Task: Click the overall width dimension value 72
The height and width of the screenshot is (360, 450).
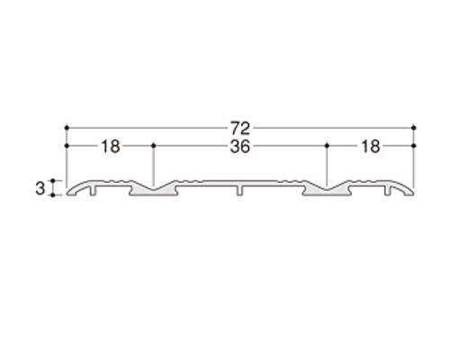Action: [240, 128]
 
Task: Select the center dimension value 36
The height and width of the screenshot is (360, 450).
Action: [240, 147]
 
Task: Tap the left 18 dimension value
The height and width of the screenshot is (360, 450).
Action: [111, 147]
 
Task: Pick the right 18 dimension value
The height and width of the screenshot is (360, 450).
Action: [371, 147]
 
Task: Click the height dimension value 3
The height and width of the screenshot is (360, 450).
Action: [40, 188]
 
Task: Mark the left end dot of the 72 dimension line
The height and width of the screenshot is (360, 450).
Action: [67, 128]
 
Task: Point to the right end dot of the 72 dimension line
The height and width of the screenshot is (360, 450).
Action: [414, 128]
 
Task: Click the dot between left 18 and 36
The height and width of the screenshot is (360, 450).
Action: [154, 146]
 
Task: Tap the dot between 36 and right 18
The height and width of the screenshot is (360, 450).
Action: [328, 146]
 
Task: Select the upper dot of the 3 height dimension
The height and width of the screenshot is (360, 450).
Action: [53, 181]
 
